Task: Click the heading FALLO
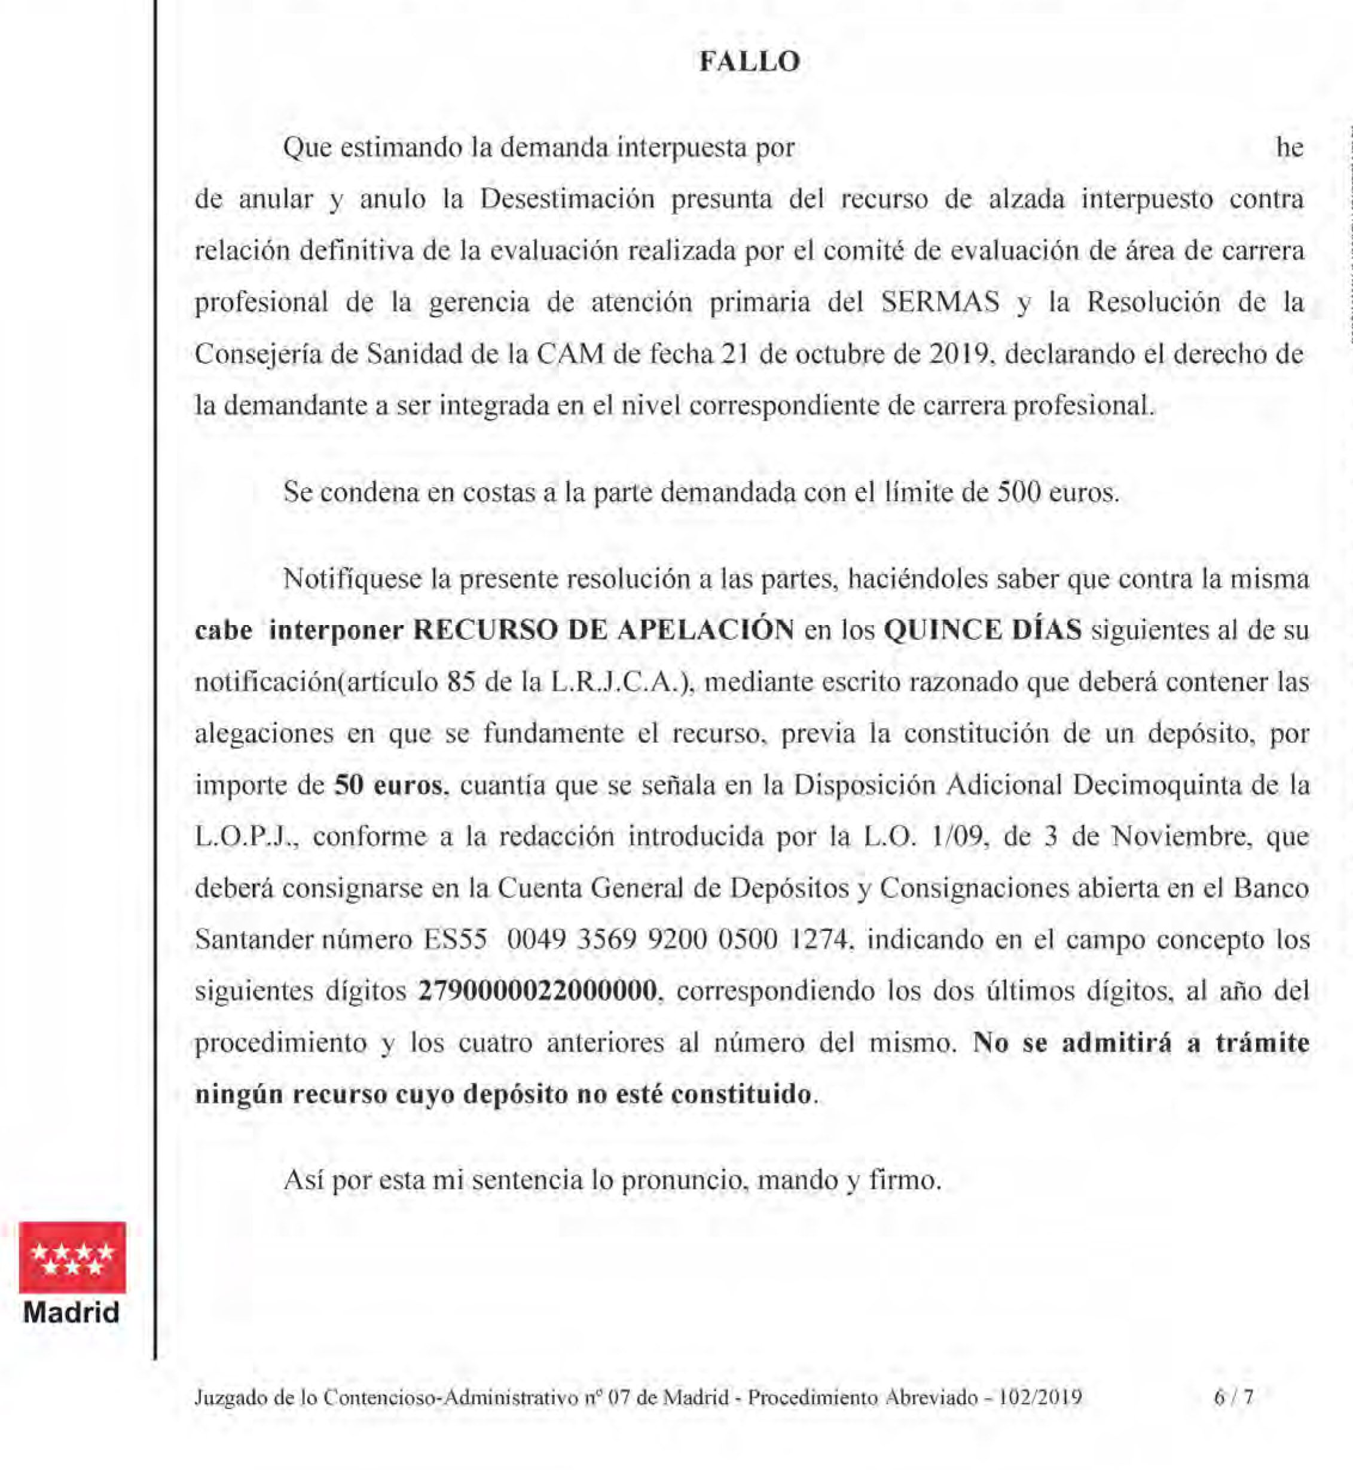pos(749,62)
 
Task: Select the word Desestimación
pos(567,199)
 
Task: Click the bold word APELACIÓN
pos(705,630)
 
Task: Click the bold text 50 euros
pos(389,785)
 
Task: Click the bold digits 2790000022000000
pos(537,991)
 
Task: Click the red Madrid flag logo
pos(72,1258)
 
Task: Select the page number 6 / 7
pos(1233,1398)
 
